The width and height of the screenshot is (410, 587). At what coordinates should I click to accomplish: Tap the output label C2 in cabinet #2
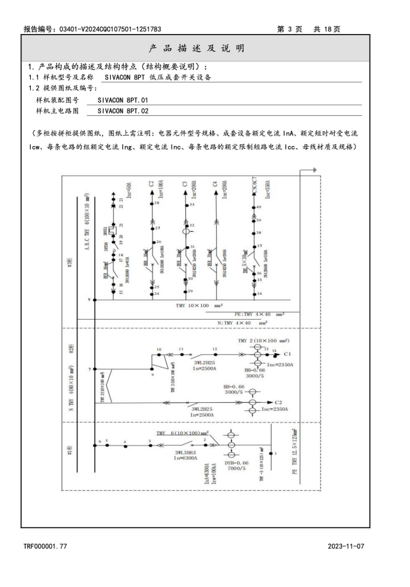[x=278, y=402]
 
